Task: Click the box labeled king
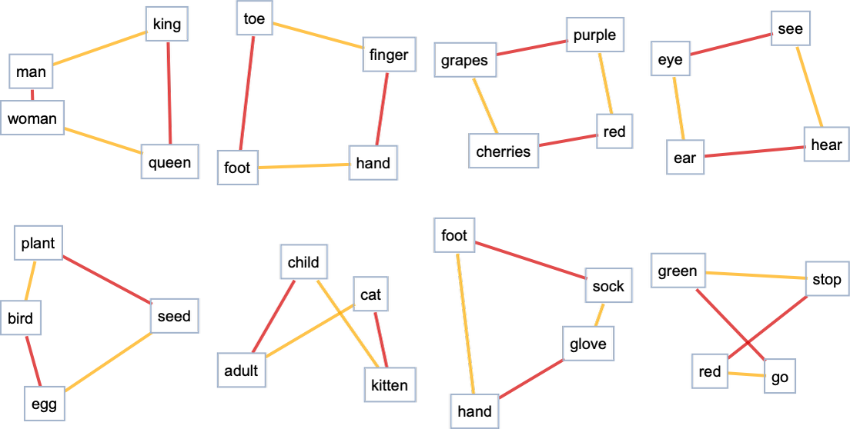[167, 24]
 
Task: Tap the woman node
[32, 118]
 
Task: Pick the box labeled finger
[390, 54]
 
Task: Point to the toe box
[254, 18]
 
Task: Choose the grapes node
[465, 59]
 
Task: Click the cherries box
[504, 151]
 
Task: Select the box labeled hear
[826, 145]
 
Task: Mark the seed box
[175, 316]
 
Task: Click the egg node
[45, 404]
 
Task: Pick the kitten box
[390, 384]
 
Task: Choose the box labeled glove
[588, 344]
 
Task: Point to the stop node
[827, 279]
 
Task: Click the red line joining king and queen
[169, 93]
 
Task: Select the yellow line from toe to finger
[318, 35]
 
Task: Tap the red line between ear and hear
[754, 151]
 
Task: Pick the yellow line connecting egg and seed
[108, 361]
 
